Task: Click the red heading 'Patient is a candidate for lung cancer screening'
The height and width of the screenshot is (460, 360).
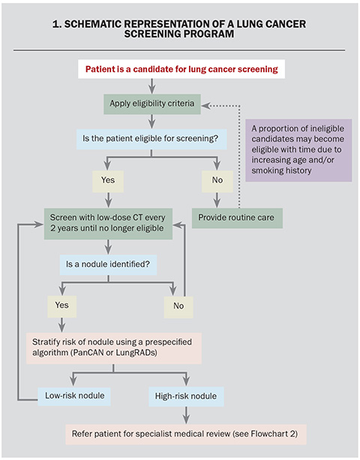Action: (179, 69)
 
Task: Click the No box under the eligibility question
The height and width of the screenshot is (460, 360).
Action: (217, 180)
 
